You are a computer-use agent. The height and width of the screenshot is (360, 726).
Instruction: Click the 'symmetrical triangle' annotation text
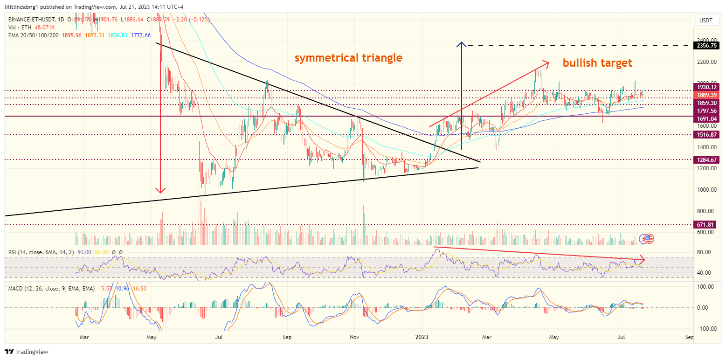coord(348,58)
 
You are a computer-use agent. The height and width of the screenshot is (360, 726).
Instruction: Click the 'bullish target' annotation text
coord(597,62)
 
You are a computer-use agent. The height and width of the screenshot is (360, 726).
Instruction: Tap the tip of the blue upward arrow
coord(461,43)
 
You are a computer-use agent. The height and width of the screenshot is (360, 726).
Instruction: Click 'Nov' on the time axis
coord(354,336)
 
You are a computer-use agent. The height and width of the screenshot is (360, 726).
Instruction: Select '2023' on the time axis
coord(422,336)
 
